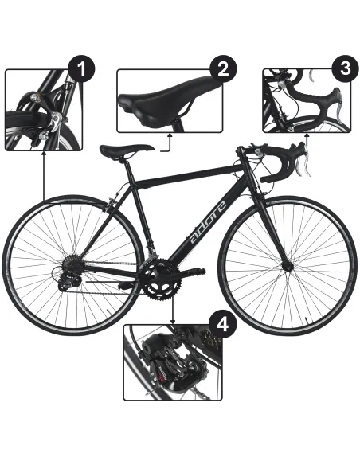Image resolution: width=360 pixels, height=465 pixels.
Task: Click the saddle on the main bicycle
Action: tap(126, 150)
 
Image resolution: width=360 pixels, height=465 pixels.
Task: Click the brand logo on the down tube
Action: tap(208, 221)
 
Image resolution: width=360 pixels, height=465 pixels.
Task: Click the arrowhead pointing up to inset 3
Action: tap(306, 136)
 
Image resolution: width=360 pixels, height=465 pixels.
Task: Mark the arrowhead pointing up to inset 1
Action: tap(44, 154)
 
